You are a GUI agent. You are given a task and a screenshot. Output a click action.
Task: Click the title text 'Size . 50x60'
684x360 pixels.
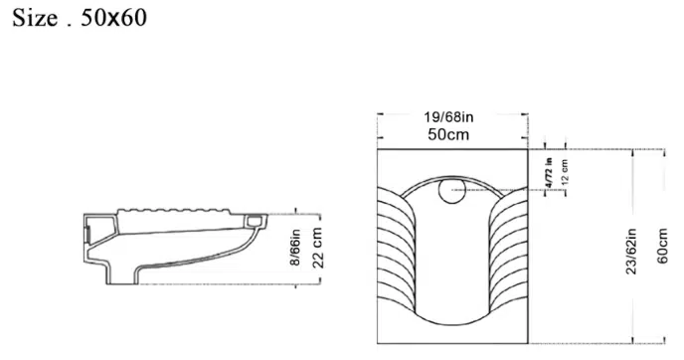tap(80, 18)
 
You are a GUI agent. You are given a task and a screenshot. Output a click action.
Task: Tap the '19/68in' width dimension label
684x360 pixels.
tap(448, 117)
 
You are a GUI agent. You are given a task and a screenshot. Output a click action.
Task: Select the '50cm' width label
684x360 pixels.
tap(448, 134)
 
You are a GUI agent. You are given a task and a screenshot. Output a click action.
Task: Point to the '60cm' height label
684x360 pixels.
tap(662, 246)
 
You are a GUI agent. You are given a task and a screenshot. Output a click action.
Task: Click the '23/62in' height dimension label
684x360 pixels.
tap(631, 251)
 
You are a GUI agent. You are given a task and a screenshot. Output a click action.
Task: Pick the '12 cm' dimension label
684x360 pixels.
tap(565, 171)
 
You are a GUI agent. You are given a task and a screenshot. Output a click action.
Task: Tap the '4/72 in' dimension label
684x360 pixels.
tap(549, 173)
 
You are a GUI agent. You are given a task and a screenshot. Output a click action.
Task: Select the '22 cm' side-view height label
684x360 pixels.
tap(317, 248)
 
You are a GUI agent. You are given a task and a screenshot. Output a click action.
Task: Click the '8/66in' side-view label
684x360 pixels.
tap(295, 247)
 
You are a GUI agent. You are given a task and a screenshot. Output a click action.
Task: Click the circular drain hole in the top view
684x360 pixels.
tap(452, 191)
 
